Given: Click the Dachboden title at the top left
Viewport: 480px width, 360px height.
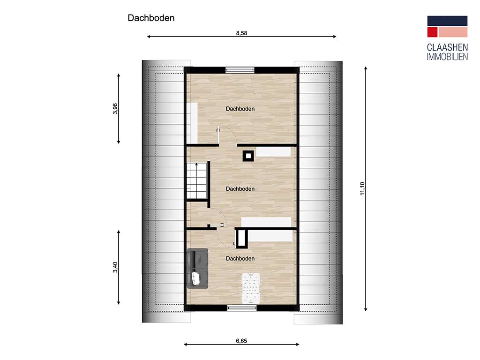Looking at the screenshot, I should click(x=151, y=18).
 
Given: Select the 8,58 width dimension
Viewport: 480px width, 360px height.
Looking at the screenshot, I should click(x=241, y=33).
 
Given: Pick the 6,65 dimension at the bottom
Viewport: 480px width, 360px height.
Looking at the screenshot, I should click(x=241, y=341).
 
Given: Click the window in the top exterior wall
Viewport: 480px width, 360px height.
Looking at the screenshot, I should click(x=240, y=70).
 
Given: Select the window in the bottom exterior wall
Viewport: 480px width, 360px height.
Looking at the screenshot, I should click(x=242, y=307).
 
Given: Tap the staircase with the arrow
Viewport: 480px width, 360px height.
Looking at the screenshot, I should click(x=197, y=181).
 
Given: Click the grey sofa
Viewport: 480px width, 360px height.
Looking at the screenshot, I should click(x=197, y=268).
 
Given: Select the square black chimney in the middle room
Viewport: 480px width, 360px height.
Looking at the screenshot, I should click(x=248, y=155).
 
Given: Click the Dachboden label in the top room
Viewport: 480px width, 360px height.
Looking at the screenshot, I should click(x=240, y=109).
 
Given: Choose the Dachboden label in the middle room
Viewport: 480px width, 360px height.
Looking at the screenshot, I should click(x=240, y=189).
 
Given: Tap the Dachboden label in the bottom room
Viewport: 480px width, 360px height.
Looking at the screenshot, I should click(x=240, y=259).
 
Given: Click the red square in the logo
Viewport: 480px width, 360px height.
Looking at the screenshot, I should click(x=432, y=32).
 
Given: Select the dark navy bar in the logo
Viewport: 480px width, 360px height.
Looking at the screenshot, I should click(x=447, y=21).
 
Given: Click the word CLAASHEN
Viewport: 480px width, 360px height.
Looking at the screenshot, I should click(x=447, y=48).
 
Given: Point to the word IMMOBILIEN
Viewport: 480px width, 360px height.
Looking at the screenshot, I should click(x=447, y=57).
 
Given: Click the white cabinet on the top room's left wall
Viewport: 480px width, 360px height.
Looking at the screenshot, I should click(x=192, y=122).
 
